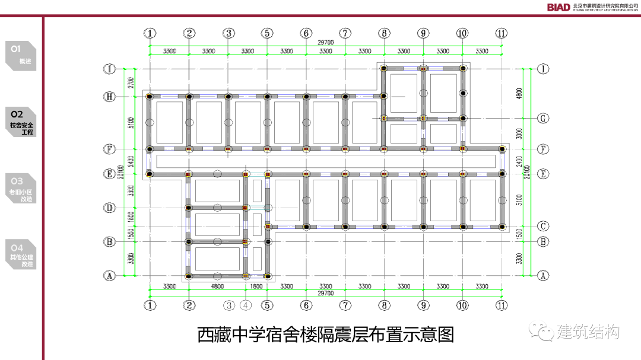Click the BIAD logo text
click(x=558, y=7)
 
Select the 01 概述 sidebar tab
click(x=21, y=55)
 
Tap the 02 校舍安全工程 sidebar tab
click(x=21, y=122)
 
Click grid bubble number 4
click(x=247, y=305)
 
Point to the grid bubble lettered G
click(x=542, y=118)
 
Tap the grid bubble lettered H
click(x=109, y=97)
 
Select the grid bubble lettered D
click(x=109, y=208)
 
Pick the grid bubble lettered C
click(x=542, y=226)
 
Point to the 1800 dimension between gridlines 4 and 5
click(x=256, y=286)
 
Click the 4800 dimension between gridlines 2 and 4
click(x=217, y=286)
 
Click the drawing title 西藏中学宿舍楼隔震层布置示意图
click(x=325, y=334)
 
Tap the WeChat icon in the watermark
click(x=541, y=331)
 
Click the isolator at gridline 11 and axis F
click(x=502, y=149)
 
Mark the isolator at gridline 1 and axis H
click(x=150, y=96)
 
